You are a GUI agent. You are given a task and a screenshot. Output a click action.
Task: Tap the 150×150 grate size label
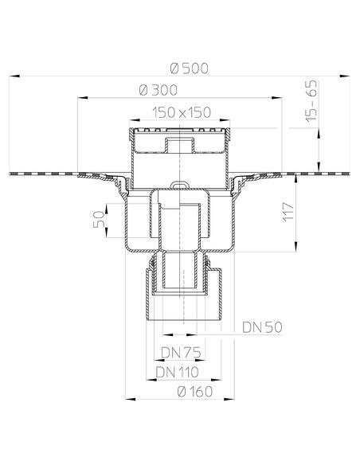(178, 114)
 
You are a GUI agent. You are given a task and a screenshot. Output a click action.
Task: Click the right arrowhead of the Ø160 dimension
(234, 399)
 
